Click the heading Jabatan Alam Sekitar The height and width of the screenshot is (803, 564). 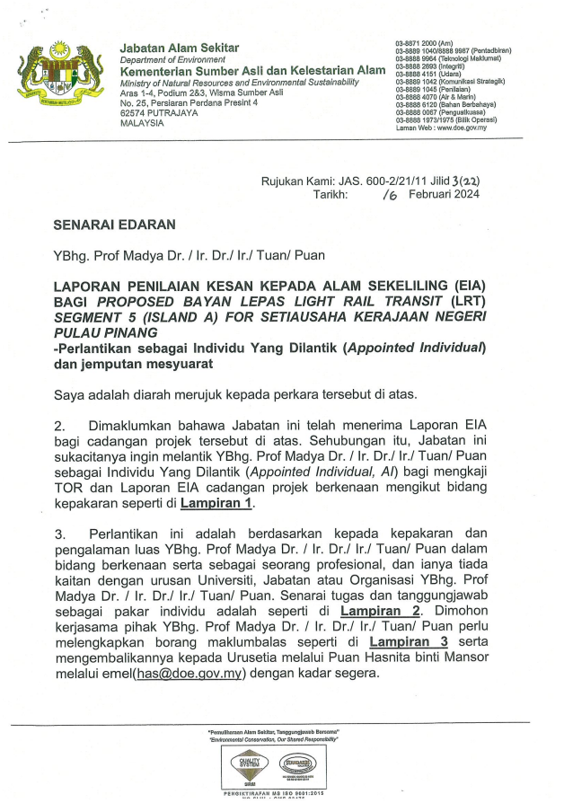[180, 48]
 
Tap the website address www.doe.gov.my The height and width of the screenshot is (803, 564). [462, 128]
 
